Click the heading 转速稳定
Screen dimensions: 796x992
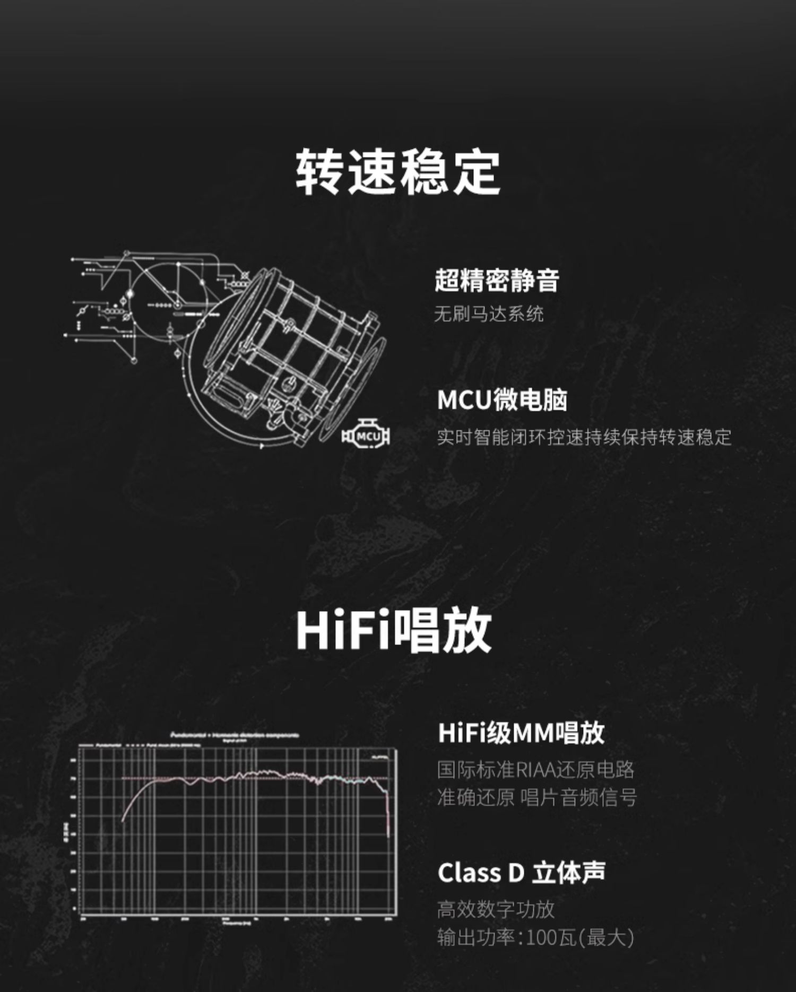click(397, 172)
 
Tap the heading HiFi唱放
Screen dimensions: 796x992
click(394, 630)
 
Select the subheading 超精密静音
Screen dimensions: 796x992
click(497, 280)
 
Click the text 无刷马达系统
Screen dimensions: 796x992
click(489, 314)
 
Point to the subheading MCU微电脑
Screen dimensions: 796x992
click(502, 400)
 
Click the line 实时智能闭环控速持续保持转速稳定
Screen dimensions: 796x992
click(584, 437)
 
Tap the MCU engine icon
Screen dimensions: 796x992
click(366, 436)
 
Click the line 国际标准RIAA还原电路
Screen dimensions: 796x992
click(535, 769)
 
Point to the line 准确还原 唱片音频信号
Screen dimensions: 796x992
click(537, 797)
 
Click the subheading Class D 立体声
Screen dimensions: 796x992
click(521, 873)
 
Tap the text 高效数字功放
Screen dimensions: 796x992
click(496, 909)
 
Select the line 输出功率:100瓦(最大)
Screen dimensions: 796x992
click(535, 937)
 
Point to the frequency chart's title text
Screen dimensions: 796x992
click(235, 735)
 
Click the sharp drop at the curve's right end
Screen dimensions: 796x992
click(388, 812)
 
